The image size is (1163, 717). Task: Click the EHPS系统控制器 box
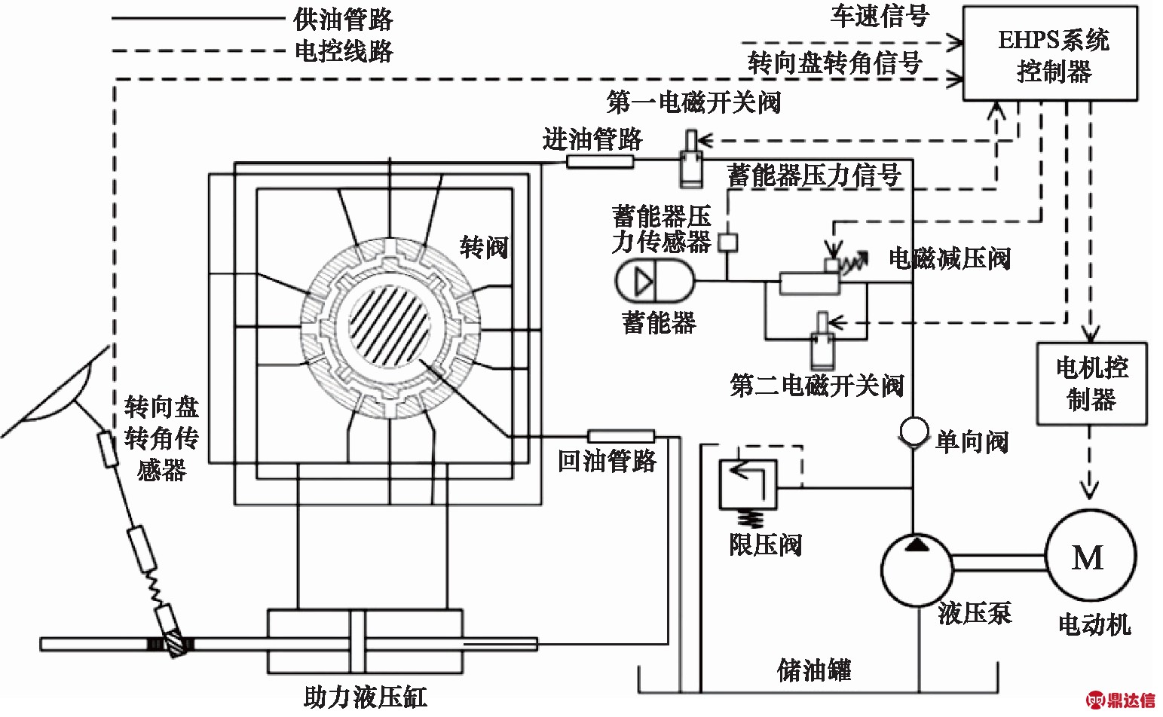pos(1051,53)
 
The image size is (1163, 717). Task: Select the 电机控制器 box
pos(1091,383)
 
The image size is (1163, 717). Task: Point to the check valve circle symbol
pos(913,432)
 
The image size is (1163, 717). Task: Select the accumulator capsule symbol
pos(653,281)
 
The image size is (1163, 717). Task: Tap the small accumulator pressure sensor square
pos(727,243)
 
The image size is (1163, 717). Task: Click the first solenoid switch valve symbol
pos(690,160)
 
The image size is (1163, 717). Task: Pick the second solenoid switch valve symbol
pos(821,343)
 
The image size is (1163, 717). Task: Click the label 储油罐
pos(813,670)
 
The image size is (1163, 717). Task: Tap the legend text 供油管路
pos(343,19)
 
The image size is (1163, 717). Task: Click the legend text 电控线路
pos(343,51)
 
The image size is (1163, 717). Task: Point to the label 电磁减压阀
pos(949,258)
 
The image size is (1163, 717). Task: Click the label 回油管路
pos(607,461)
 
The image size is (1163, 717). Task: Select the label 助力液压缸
pos(365,696)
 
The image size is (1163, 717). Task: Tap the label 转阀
pos(484,247)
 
